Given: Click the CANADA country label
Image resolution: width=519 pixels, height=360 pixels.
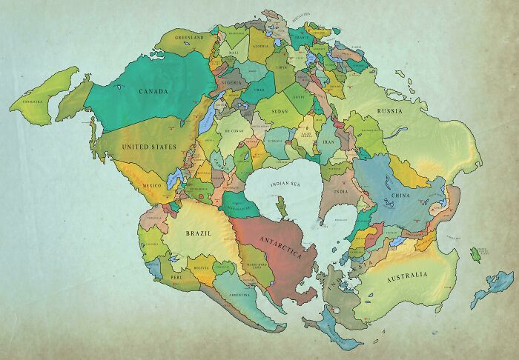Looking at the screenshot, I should click(153, 92).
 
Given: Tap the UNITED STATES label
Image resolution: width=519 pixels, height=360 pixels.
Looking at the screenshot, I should click(148, 147).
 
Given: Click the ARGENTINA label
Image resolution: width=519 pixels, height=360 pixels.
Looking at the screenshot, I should click(239, 294).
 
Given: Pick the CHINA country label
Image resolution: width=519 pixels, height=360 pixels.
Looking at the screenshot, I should click(399, 196).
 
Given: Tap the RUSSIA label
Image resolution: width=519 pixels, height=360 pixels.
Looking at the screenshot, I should click(389, 111).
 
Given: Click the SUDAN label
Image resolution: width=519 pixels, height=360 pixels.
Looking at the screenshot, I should click(280, 112).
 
